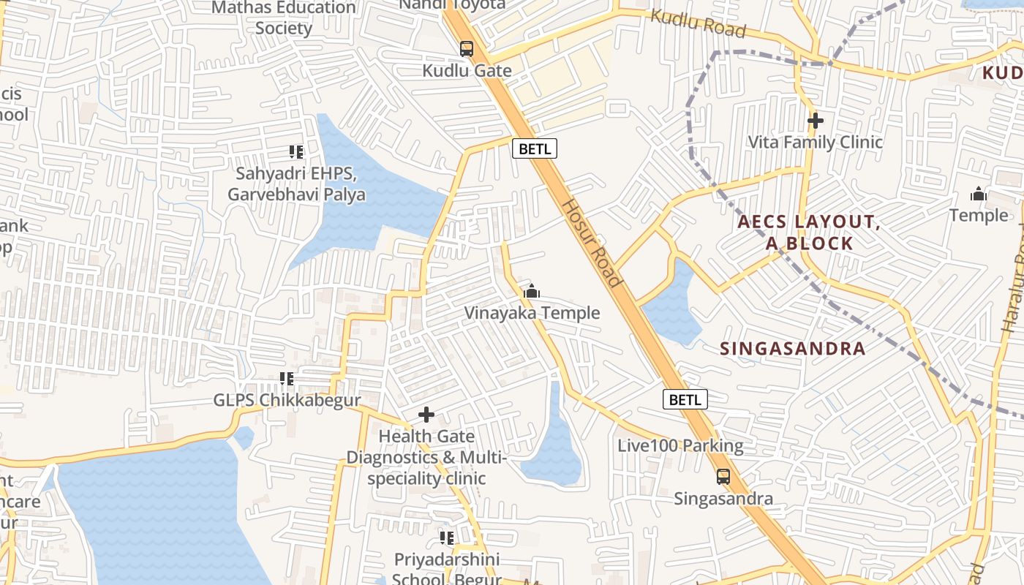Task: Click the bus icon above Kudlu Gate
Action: tap(466, 49)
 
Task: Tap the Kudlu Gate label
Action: tap(467, 71)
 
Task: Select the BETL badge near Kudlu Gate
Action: tap(534, 149)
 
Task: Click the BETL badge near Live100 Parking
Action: tap(685, 399)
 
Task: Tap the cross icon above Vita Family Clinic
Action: tap(816, 121)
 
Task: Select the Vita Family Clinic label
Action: tap(816, 142)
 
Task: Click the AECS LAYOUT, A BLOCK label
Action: tap(808, 233)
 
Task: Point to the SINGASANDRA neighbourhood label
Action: tap(793, 349)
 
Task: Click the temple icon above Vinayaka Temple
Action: tap(532, 292)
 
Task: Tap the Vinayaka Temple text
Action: tap(532, 313)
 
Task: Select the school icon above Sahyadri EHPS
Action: tap(296, 152)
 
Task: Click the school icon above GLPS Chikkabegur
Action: tap(287, 379)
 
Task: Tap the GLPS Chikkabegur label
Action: tap(287, 400)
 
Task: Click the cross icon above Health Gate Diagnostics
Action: tap(426, 415)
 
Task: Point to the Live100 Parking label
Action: tap(680, 445)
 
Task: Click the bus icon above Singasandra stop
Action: tap(723, 477)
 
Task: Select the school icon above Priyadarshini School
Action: tap(447, 538)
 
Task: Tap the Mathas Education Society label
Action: tap(284, 18)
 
